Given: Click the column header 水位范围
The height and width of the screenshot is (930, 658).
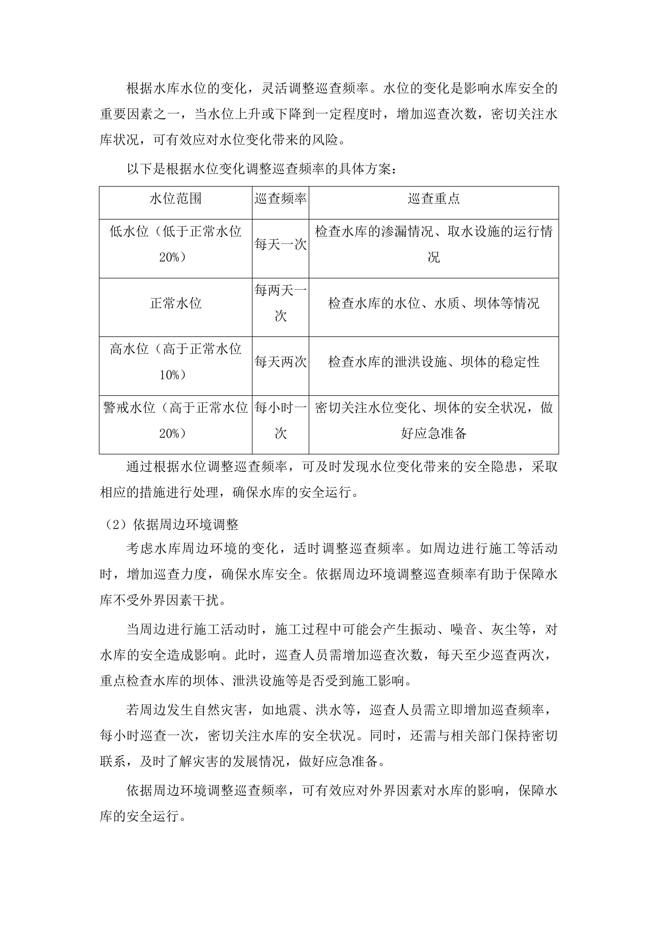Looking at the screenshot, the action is [x=175, y=199].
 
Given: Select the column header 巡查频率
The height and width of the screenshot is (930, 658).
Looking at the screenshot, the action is [x=280, y=199].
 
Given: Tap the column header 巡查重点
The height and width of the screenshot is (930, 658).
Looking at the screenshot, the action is [x=434, y=199].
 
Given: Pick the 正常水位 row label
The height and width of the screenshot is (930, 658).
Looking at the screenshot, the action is [x=175, y=303].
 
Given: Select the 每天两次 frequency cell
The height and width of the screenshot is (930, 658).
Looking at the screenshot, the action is [x=280, y=362].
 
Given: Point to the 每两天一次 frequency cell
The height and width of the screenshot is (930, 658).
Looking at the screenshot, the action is [x=280, y=303].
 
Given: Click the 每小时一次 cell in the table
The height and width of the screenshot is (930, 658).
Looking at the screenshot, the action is [x=280, y=420].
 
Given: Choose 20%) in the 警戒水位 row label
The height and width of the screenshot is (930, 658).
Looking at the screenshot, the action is [x=173, y=434].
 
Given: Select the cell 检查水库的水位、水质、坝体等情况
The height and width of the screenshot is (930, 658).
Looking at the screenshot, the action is [x=434, y=303].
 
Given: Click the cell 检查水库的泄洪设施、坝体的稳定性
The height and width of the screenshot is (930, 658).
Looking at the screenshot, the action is [x=434, y=362].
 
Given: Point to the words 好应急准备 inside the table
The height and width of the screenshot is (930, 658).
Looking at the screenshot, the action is [x=434, y=434].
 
